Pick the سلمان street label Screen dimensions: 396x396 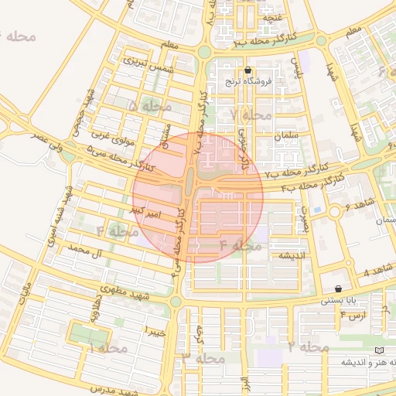coord(286,136)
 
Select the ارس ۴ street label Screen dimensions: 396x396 coord(353,315)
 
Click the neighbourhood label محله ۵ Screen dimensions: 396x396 coord(150,105)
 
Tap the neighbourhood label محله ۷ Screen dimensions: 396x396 coord(251,114)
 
